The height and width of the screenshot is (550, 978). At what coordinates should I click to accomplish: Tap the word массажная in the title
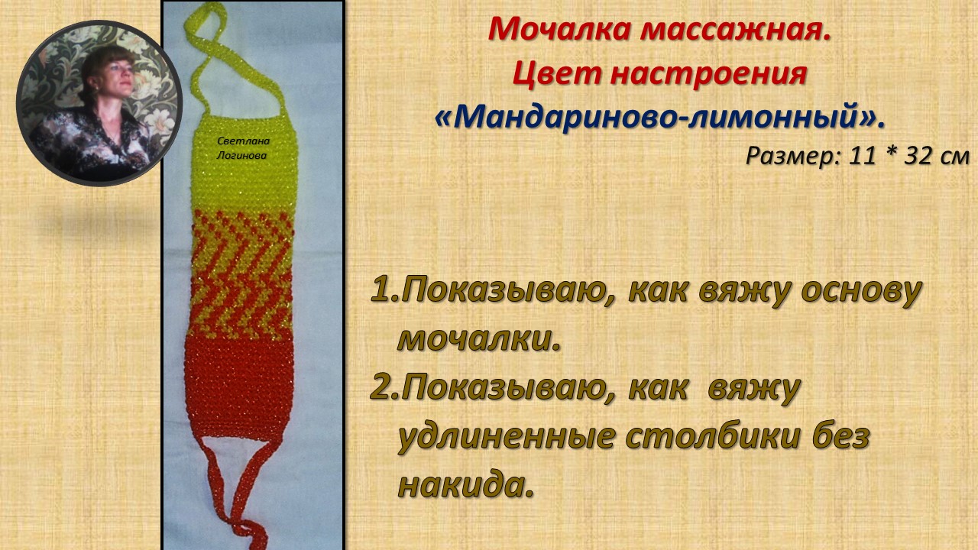coord(735,30)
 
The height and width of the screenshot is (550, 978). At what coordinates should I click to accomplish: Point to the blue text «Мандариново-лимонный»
coord(659,117)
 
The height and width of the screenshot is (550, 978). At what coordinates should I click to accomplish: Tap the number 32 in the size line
coord(919,155)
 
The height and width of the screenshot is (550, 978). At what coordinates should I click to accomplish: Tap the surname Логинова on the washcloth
coord(244,155)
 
